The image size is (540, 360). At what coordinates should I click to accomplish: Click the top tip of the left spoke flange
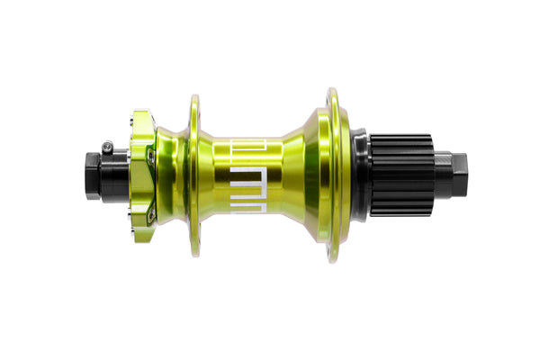click(x=194, y=96)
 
